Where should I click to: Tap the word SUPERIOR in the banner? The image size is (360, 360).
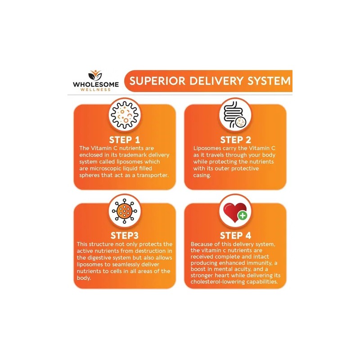coord(157,81)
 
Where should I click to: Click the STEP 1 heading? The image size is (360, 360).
coord(124,140)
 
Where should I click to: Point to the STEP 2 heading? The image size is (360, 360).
coord(235,140)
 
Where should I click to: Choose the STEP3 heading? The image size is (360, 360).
coord(125,235)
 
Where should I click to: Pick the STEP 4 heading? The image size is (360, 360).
coord(235,235)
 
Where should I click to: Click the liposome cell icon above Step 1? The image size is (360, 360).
coord(125,115)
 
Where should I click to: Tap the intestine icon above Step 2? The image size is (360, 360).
coord(235,115)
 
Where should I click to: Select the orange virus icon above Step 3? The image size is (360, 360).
coord(125,211)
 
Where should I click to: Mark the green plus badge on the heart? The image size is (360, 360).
coord(243,216)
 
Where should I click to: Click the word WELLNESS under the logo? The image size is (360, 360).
coord(95,90)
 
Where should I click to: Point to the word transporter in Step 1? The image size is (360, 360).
coord(153,175)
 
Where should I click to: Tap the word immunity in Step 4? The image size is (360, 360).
coord(260,263)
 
